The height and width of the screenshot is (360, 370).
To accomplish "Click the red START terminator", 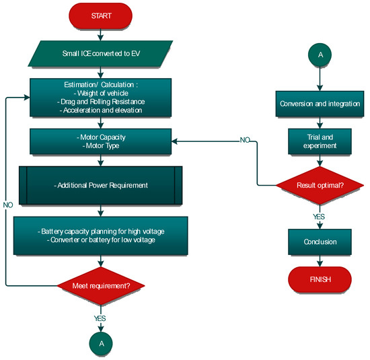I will [x=100, y=14].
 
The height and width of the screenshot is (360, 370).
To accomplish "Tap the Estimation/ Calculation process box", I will [x=100, y=97].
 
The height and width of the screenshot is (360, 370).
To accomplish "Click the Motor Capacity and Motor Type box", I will [x=100, y=142].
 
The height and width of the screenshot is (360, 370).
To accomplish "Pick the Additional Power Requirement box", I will [x=100, y=184].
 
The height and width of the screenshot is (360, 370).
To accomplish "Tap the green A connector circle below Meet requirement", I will [x=100, y=342].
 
